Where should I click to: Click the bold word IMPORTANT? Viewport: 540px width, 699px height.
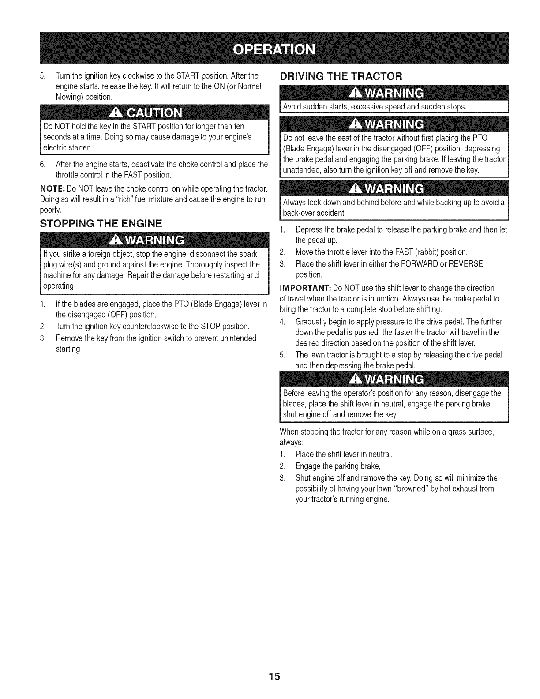[305, 288]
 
